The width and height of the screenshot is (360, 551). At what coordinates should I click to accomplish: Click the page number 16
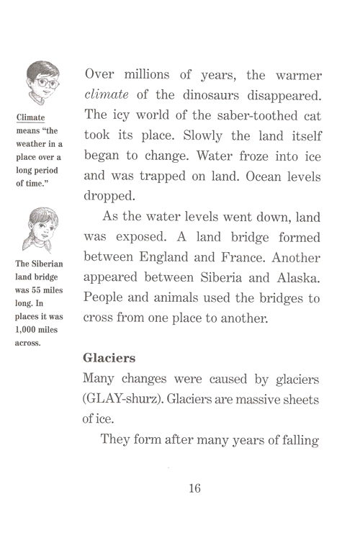[194, 489]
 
